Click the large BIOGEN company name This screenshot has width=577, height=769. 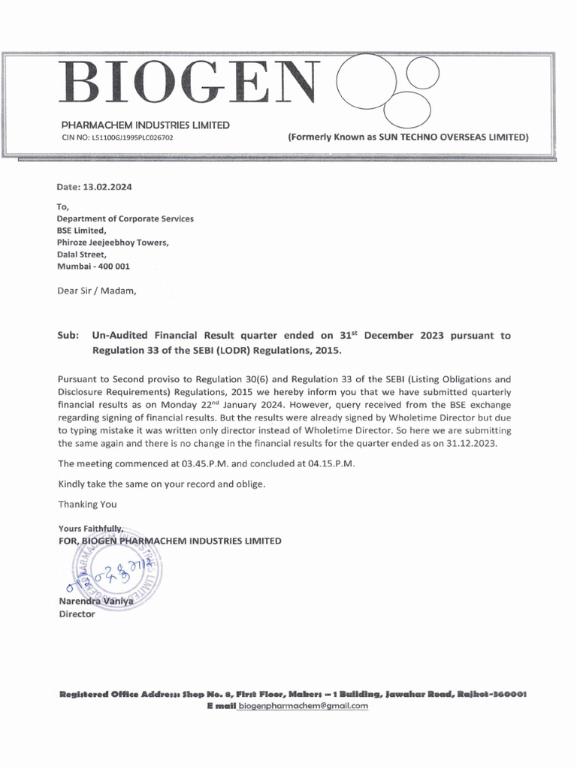(188, 85)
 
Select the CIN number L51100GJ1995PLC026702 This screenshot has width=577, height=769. (125, 139)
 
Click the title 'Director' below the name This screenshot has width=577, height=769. (77, 614)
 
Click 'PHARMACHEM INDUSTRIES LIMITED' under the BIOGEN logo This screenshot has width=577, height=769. (145, 125)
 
